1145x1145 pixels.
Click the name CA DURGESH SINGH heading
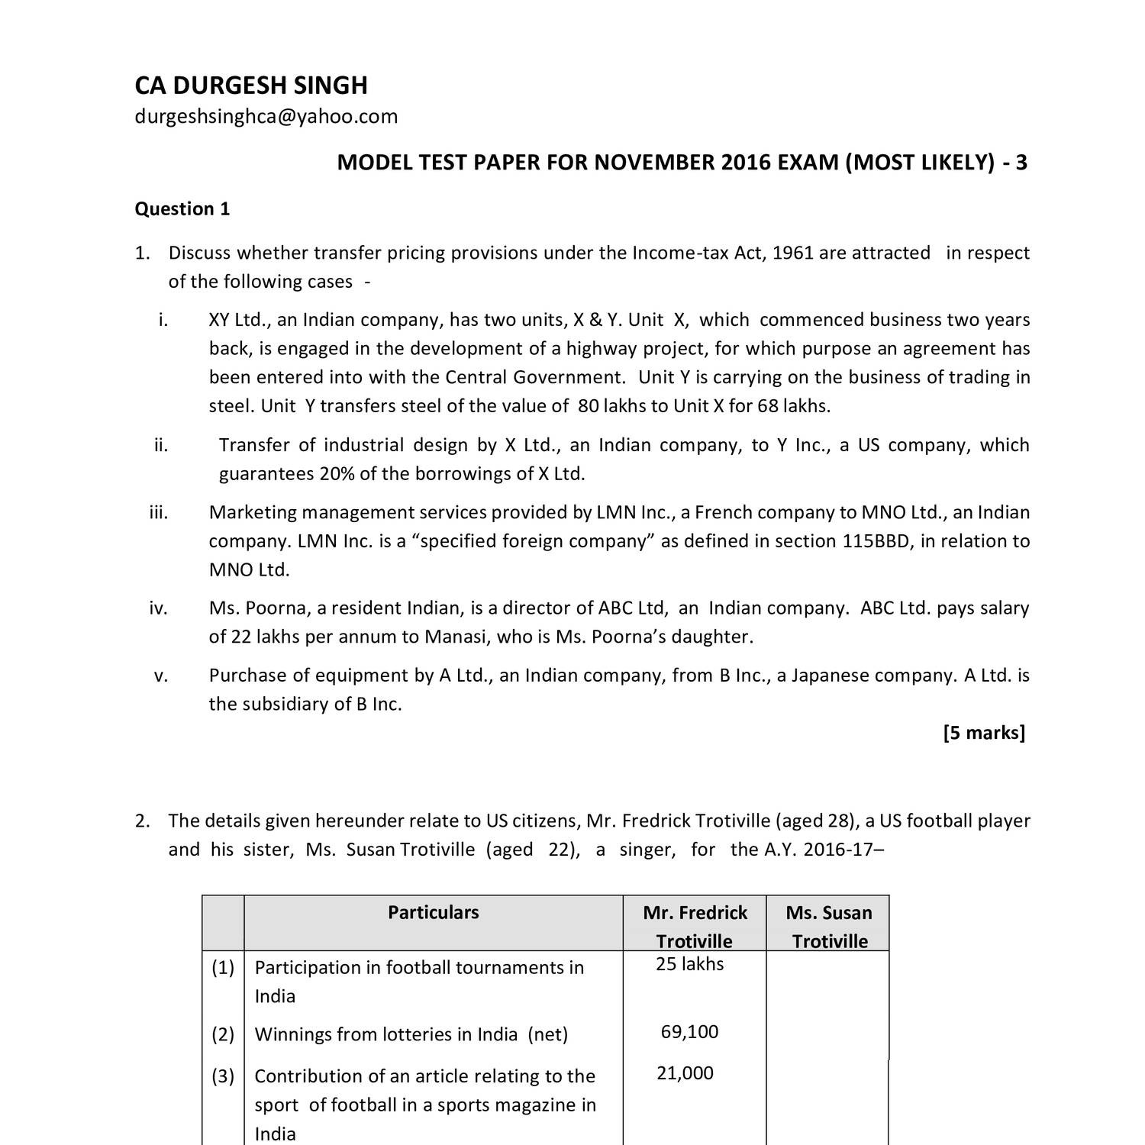coord(251,85)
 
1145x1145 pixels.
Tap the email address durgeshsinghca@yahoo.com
coord(266,116)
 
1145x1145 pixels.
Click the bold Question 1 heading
coord(182,209)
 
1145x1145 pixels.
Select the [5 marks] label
coord(984,733)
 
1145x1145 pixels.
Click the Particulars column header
coord(433,912)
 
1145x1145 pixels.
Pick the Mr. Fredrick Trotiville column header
coord(695,926)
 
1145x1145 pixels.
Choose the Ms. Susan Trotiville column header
coord(829,926)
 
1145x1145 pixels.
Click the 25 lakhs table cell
coord(689,964)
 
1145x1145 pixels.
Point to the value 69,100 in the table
coord(689,1032)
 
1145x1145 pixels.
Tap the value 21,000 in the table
coord(685,1073)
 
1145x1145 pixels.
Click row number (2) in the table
coord(223,1034)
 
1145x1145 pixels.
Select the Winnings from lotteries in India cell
coord(411,1034)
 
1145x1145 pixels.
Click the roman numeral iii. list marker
coord(158,512)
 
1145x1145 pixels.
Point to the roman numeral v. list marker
coord(160,676)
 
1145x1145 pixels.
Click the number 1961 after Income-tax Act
coord(793,253)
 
